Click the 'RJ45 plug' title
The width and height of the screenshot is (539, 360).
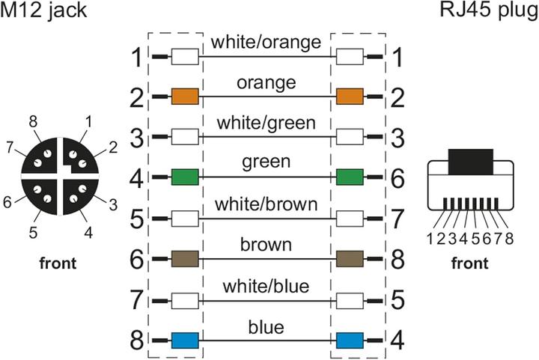coord(489,11)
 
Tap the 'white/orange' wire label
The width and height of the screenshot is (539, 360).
coord(266,42)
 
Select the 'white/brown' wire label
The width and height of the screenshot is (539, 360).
coord(266,204)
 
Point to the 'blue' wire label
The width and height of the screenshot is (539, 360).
coord(266,327)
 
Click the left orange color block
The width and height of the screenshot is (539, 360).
coord(185,97)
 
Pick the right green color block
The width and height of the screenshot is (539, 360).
coord(350,177)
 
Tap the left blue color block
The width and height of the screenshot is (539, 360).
coord(185,341)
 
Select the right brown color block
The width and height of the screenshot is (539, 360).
coord(350,259)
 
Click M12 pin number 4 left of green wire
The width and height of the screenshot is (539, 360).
coord(137,178)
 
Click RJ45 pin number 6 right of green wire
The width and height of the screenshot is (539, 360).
coord(398,178)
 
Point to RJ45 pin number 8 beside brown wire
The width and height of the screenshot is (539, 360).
coord(398,259)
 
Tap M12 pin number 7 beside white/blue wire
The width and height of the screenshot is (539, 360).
coord(137,299)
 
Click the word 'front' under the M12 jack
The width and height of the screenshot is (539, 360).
coord(58,263)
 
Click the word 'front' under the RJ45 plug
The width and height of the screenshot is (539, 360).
coord(469,263)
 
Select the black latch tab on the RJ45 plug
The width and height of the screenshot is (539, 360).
coord(471,162)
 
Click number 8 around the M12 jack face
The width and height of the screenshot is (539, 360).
coord(33,121)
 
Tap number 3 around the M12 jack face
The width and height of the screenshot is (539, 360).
coord(113,205)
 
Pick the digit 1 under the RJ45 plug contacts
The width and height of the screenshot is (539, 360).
coord(430,238)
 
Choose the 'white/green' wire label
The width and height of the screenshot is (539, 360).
coord(266,123)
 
